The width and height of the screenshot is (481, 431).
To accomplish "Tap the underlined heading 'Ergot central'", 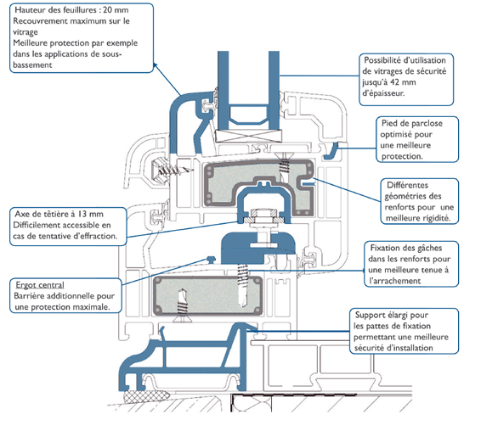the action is (40, 285).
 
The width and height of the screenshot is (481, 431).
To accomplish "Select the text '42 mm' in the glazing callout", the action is (405, 82).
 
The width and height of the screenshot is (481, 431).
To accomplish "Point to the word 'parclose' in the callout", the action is (426, 124).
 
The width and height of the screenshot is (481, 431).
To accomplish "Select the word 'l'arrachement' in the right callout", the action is (395, 281).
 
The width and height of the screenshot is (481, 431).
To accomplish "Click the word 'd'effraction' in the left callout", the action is (95, 236).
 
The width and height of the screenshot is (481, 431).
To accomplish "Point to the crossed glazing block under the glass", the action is (248, 136).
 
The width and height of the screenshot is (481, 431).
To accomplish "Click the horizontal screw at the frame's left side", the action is (172, 169).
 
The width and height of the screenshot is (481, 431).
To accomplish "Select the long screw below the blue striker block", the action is (242, 286).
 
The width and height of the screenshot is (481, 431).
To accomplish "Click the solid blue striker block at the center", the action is (258, 249).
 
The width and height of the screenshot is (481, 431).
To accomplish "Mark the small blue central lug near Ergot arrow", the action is (211, 259).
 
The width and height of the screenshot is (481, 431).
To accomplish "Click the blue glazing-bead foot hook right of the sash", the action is (331, 151).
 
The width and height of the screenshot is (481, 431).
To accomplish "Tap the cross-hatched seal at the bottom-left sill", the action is (147, 397).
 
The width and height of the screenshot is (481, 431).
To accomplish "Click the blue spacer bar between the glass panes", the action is (249, 115).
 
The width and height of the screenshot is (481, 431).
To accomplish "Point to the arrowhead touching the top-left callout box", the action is (156, 65).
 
